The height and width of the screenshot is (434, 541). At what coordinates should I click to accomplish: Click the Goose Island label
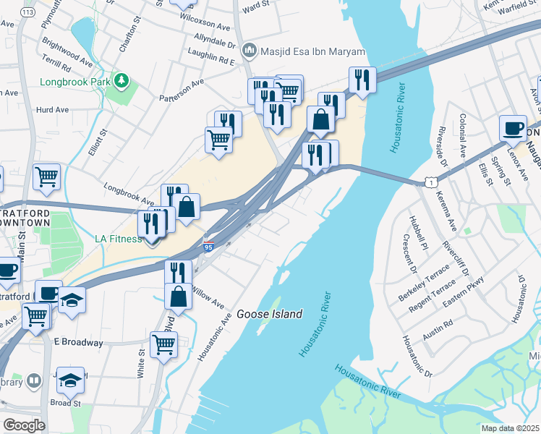click(x=269, y=314)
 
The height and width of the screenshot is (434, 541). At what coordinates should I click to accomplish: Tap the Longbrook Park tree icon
click(x=123, y=81)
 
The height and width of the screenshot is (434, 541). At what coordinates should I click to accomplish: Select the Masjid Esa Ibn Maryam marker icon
click(x=250, y=51)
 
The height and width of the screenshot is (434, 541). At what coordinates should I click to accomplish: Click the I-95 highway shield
click(x=209, y=247)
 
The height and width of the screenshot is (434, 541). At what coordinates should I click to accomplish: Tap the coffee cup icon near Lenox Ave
click(x=513, y=128)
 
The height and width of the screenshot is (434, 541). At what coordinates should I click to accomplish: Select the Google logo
click(x=24, y=425)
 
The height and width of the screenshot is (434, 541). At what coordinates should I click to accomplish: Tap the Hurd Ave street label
click(x=51, y=110)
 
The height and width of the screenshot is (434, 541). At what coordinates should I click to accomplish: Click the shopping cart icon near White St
click(x=163, y=345)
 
